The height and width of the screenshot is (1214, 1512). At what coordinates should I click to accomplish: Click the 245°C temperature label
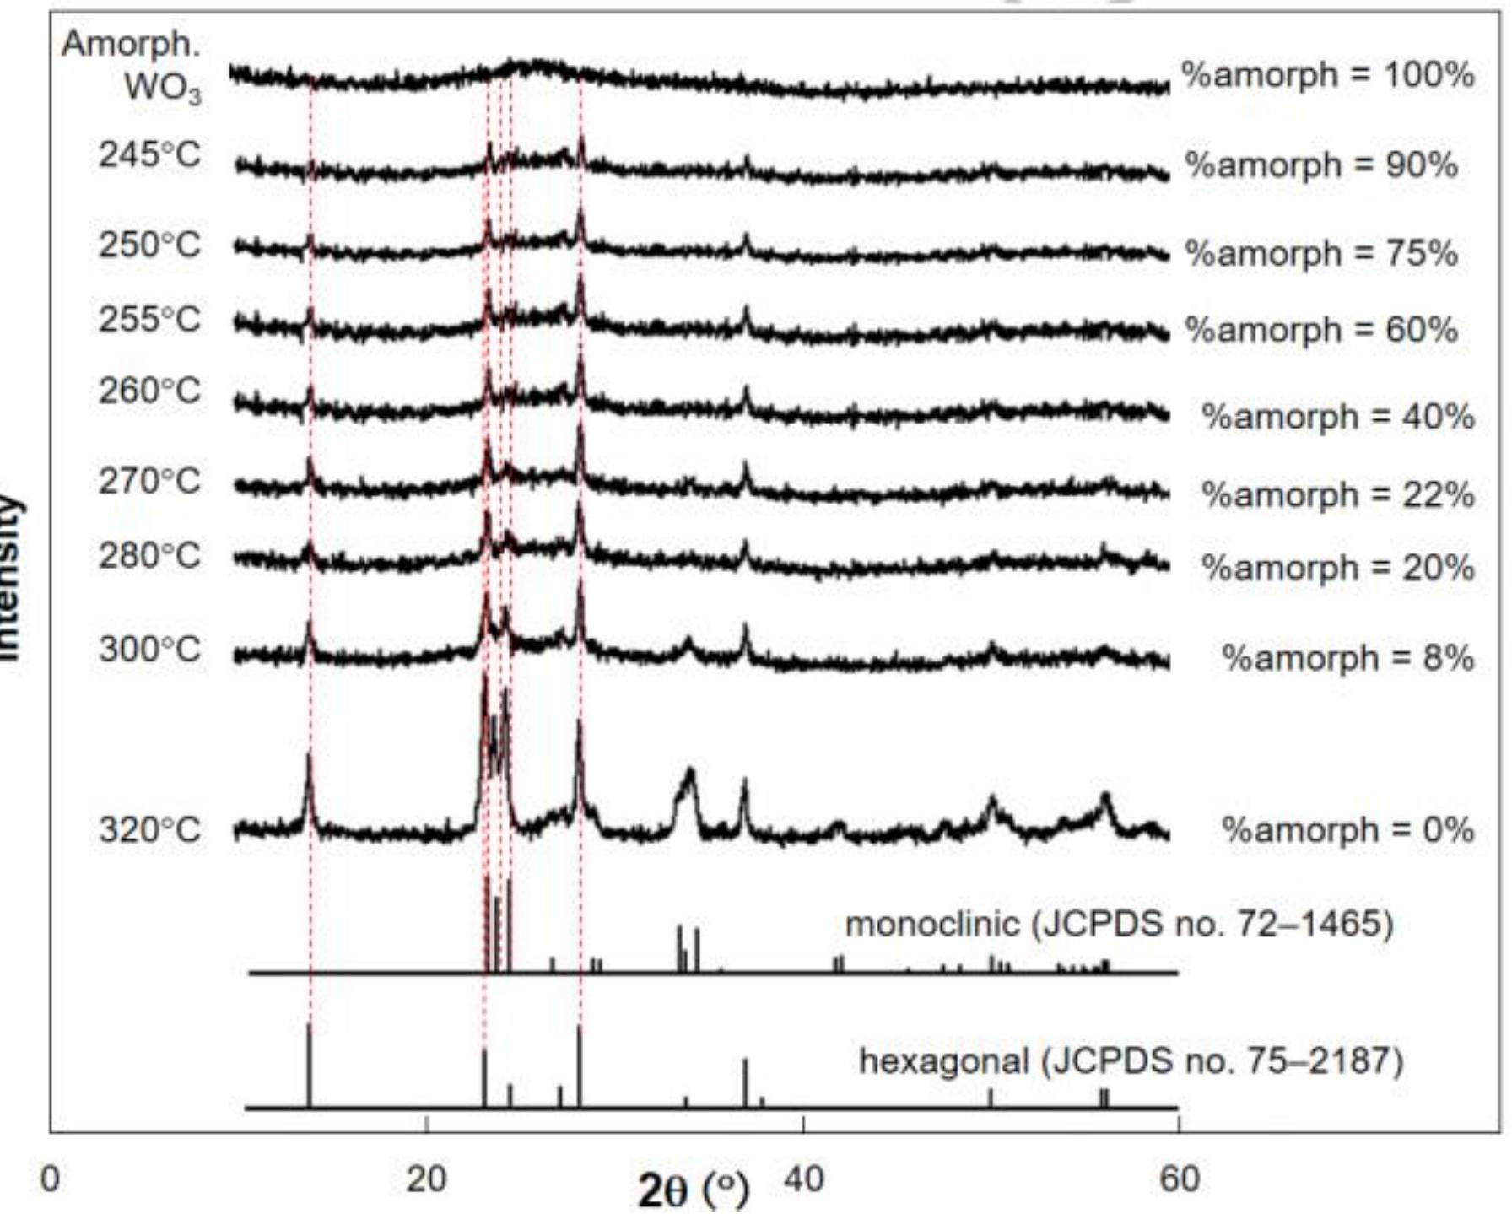coord(149,155)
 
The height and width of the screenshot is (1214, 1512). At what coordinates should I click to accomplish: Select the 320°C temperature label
coord(149,830)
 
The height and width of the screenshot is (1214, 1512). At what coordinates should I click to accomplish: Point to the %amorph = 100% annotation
coord(1327,75)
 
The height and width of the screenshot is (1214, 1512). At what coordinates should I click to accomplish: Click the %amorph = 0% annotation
coord(1347,830)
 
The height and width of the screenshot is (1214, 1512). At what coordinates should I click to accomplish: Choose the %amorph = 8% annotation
coord(1347,658)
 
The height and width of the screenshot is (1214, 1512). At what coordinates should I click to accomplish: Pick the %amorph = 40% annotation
coord(1337,417)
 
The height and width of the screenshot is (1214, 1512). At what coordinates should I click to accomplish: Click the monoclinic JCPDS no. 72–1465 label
coord(1119,925)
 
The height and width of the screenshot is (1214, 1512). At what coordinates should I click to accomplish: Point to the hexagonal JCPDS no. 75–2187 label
coord(1131,1061)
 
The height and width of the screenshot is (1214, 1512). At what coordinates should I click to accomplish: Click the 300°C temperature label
coord(149,650)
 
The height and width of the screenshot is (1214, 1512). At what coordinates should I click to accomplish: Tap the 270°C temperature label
coord(149,482)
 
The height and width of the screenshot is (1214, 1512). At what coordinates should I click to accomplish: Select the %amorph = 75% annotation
coord(1320,253)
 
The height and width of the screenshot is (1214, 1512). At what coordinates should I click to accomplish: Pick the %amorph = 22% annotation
coord(1337,494)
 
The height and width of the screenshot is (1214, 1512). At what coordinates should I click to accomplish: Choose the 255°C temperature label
coord(149,320)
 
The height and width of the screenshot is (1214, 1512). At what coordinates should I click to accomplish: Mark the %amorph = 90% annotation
coord(1320,165)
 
